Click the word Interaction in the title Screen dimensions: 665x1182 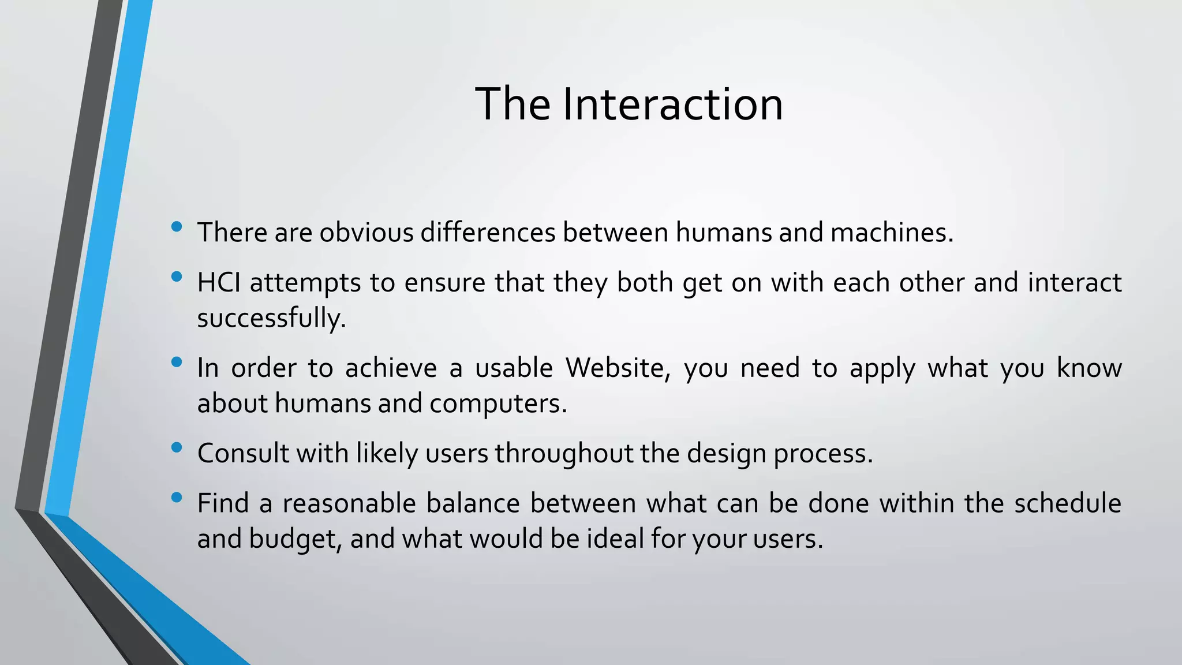pyautogui.click(x=672, y=104)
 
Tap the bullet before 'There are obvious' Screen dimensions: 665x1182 pyautogui.click(x=177, y=227)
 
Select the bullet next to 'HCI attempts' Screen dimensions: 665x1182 pyautogui.click(x=177, y=277)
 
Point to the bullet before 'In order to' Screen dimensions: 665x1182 pyautogui.click(x=177, y=363)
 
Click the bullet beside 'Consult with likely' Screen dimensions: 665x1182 pyautogui.click(x=177, y=447)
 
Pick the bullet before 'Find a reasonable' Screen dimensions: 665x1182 pyautogui.click(x=177, y=498)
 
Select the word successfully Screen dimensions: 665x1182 pyautogui.click(x=271, y=318)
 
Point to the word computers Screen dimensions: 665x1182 pyautogui.click(x=498, y=403)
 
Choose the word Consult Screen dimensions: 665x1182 pyautogui.click(x=243, y=453)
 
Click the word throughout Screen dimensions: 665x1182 pyautogui.click(x=564, y=453)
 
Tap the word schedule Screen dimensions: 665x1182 pyautogui.click(x=1067, y=503)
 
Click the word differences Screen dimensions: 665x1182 pyautogui.click(x=488, y=233)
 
